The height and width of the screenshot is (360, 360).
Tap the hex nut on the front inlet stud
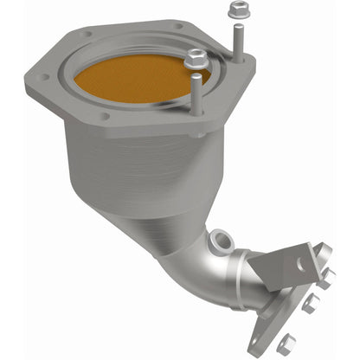point(196,60)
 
